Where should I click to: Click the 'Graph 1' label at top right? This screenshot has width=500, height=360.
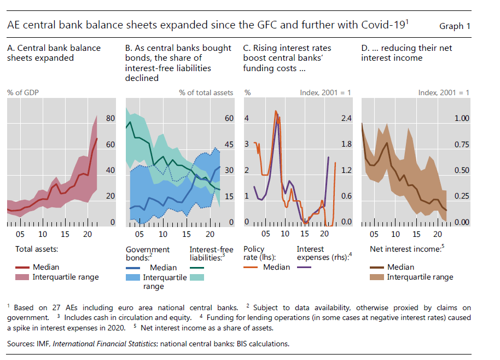(x=455, y=26)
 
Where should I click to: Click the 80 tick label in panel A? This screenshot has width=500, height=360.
(x=110, y=118)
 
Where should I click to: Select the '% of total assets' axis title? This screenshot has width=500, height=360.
(x=206, y=92)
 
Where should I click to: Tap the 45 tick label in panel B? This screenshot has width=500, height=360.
(x=229, y=144)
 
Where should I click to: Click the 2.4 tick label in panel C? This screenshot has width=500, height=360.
(x=347, y=118)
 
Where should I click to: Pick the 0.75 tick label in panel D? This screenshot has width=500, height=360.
(x=462, y=144)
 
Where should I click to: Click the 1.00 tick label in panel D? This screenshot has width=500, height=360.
(x=462, y=118)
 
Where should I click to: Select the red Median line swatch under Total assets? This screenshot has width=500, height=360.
(x=22, y=268)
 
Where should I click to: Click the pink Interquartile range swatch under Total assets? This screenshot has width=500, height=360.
(x=22, y=277)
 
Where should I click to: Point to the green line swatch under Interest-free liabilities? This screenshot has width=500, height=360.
(x=197, y=268)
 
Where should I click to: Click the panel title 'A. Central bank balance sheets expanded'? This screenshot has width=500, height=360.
(x=54, y=53)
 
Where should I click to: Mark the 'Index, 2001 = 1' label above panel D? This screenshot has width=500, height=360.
(x=444, y=92)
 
